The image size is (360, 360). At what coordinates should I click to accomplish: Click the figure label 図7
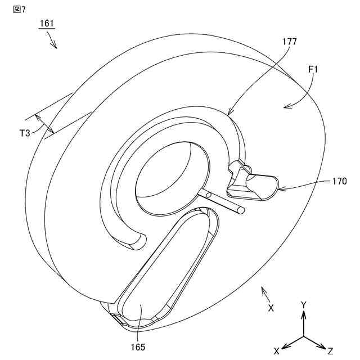(x=19, y=10)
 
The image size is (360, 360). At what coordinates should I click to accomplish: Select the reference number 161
(x=47, y=24)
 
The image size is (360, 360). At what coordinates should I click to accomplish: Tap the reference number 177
(x=290, y=42)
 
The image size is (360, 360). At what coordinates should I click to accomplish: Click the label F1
(x=313, y=70)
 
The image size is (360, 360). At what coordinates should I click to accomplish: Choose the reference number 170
(x=339, y=182)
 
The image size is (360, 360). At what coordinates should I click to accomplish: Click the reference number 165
(x=138, y=347)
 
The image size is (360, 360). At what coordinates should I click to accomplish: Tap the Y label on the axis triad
(x=304, y=305)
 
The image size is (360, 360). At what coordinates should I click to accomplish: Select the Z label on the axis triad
(x=331, y=350)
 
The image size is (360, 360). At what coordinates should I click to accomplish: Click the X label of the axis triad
(x=277, y=350)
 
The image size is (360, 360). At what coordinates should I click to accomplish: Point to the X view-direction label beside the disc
(x=271, y=308)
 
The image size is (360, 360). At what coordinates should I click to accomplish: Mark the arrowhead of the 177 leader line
(x=229, y=115)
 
